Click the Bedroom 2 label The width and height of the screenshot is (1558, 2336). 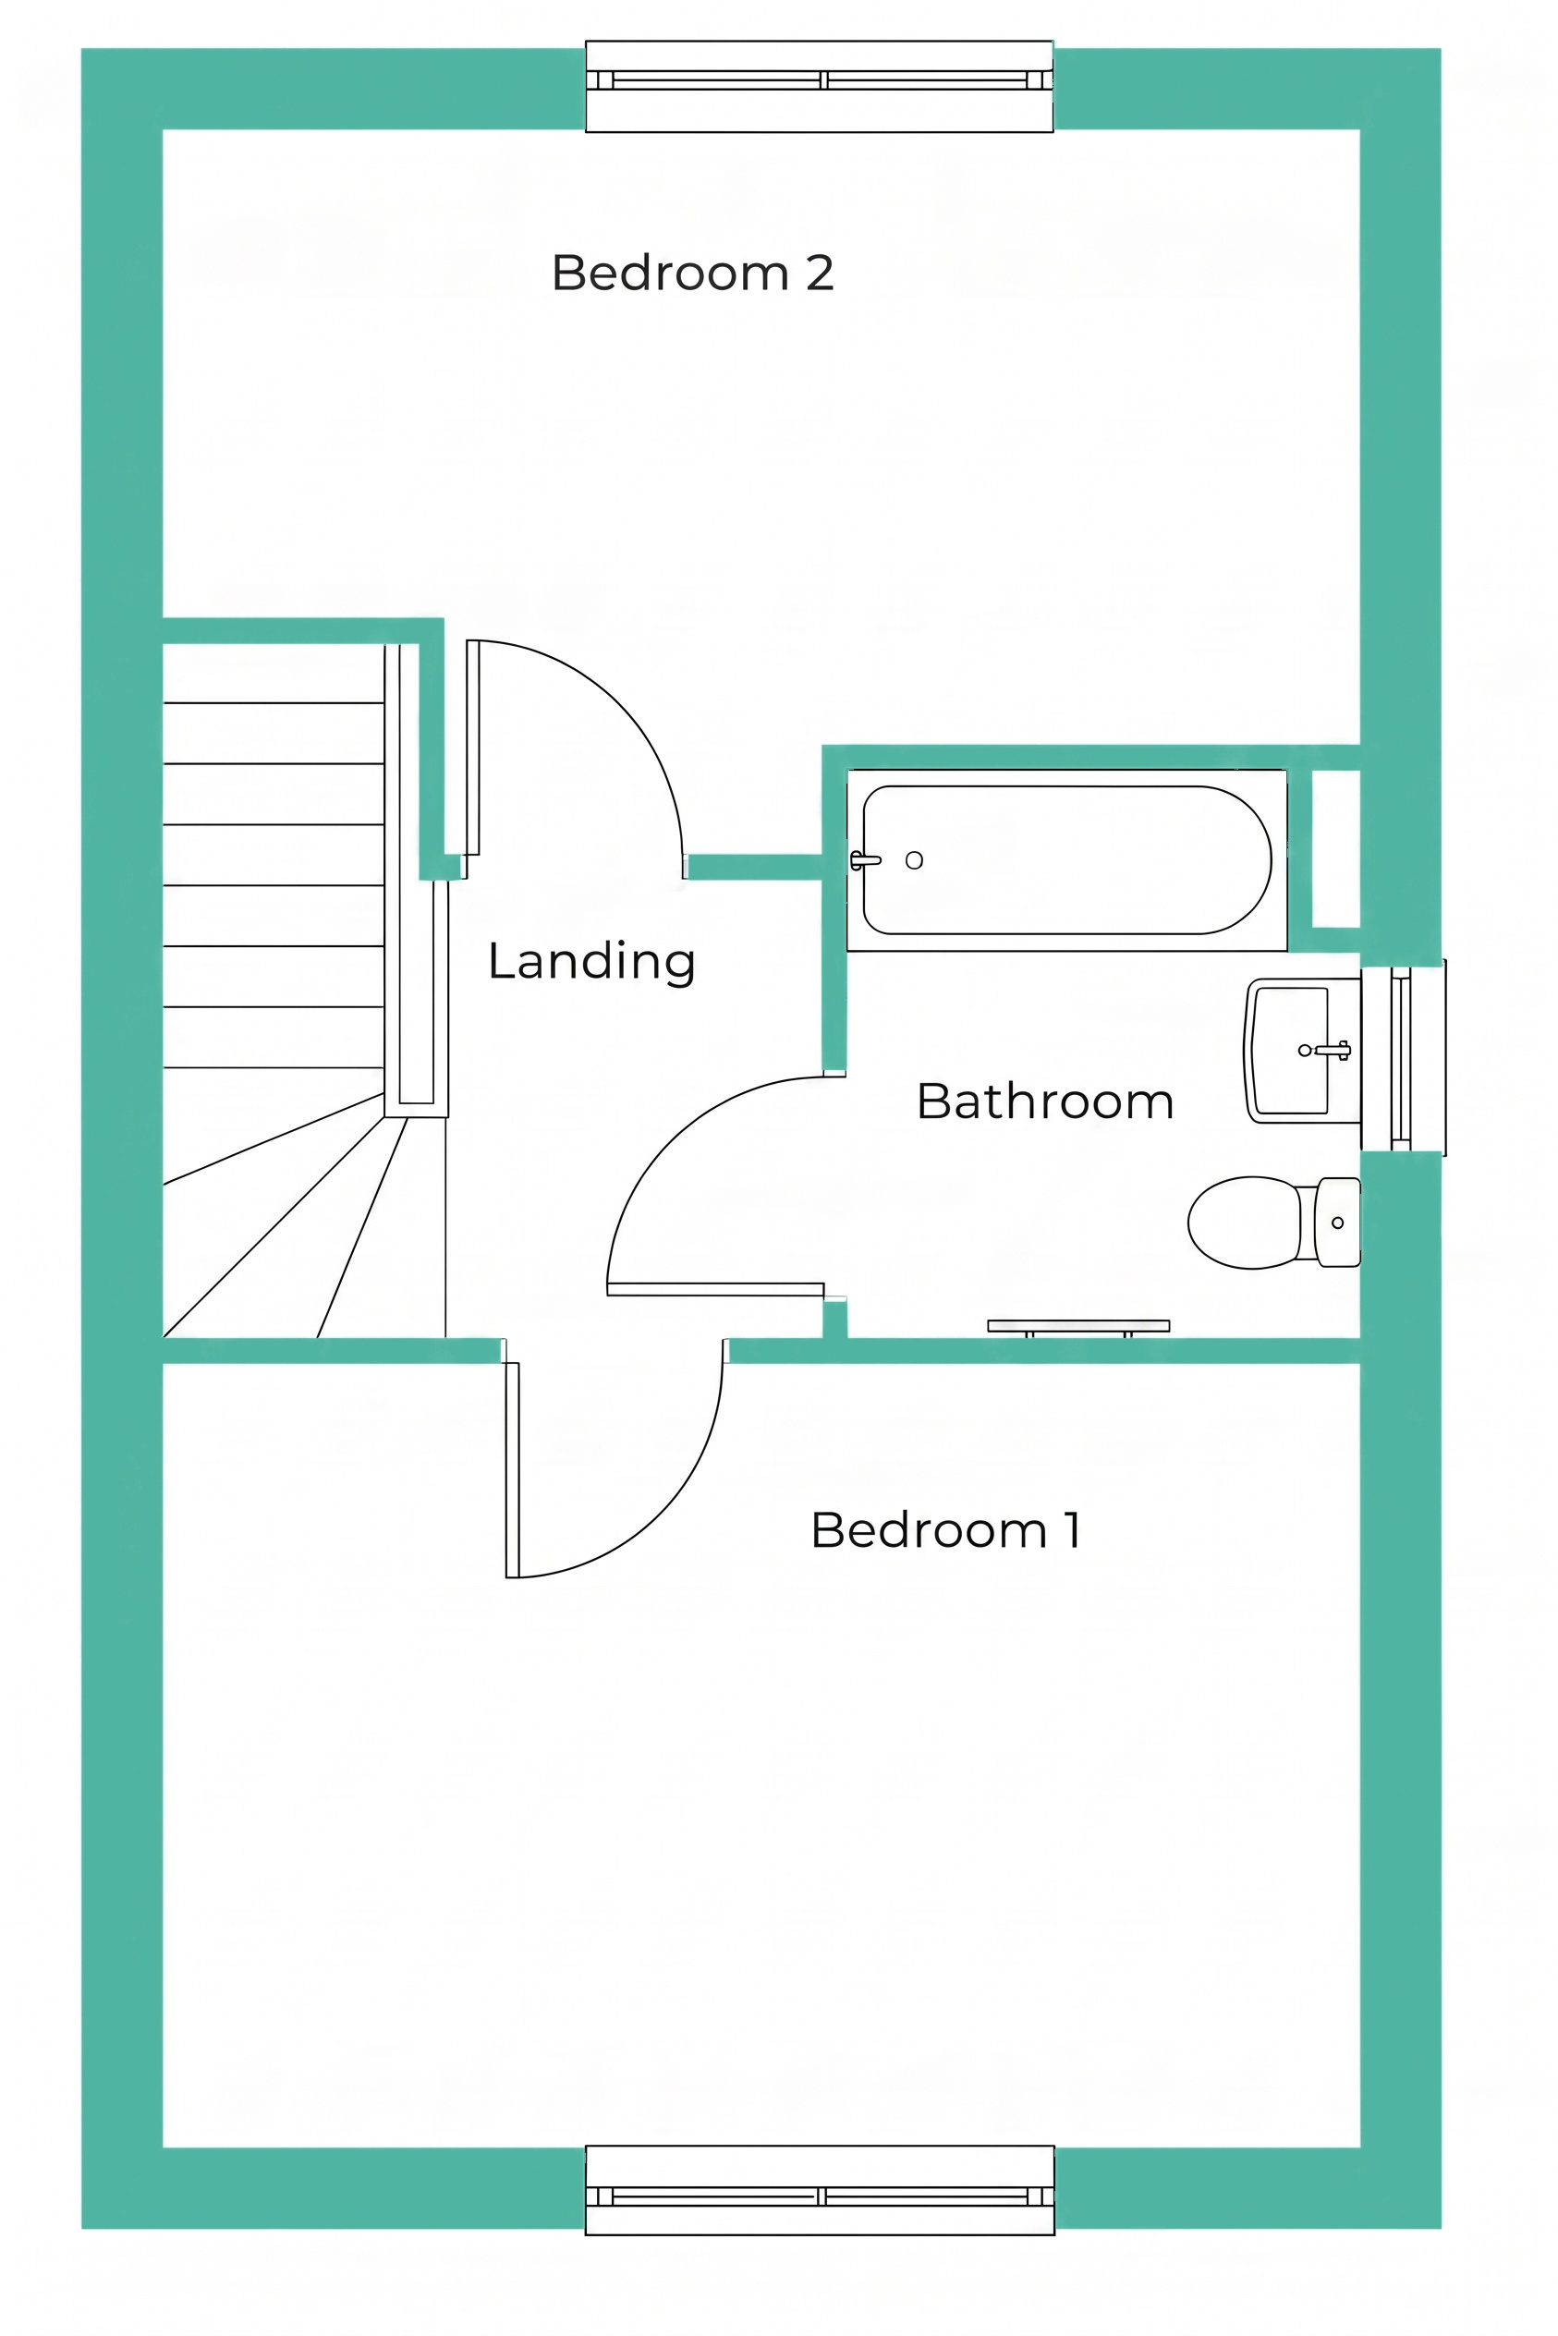(x=692, y=274)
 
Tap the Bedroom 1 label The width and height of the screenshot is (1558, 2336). (x=946, y=1530)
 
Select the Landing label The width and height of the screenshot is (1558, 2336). (x=591, y=962)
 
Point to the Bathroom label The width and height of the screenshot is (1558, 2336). (x=1045, y=1101)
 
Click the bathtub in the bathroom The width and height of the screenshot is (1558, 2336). (x=1067, y=860)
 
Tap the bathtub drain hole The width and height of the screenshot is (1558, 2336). (x=914, y=860)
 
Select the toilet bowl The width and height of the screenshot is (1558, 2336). (x=1244, y=1223)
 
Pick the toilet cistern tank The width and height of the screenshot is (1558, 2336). (x=1338, y=1223)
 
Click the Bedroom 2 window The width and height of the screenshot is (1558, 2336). (x=819, y=87)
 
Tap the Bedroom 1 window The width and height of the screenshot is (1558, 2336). (x=820, y=2191)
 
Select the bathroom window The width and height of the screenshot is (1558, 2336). (x=1403, y=1058)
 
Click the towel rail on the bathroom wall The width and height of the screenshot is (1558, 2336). (x=1078, y=1325)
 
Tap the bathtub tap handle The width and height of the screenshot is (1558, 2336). (x=864, y=860)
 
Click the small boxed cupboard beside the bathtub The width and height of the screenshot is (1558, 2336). (x=1336, y=848)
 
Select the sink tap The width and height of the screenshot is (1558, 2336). (x=1333, y=1051)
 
